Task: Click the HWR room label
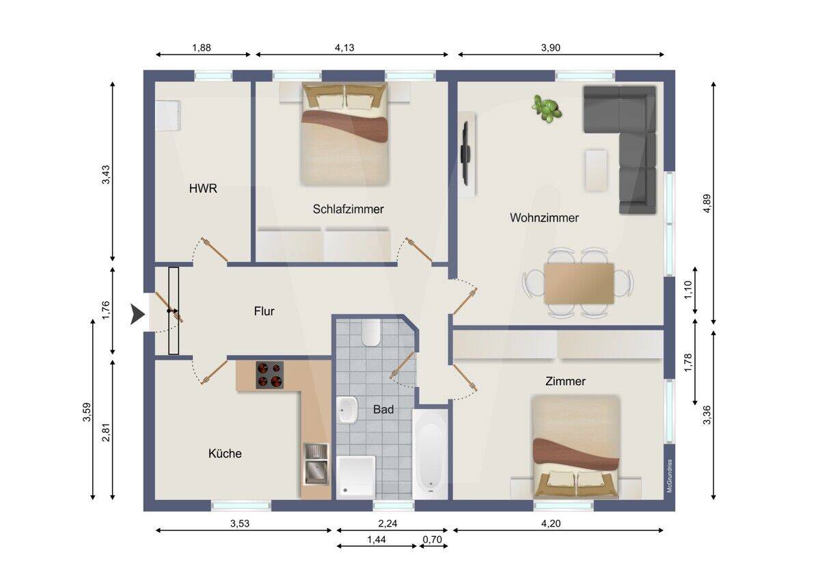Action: (x=203, y=189)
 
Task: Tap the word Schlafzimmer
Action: (x=348, y=209)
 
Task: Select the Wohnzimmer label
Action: (x=545, y=217)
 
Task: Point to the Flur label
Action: (x=264, y=311)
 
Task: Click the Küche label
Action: (x=225, y=453)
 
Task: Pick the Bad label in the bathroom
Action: (x=383, y=409)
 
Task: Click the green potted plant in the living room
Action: (x=547, y=109)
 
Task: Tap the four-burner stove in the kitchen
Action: (x=269, y=375)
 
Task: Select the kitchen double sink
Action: (x=316, y=464)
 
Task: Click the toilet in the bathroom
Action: (x=370, y=332)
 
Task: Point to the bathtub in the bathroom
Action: (x=430, y=454)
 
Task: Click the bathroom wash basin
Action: (x=347, y=410)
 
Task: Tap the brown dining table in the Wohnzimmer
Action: (x=579, y=284)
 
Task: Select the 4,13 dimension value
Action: (x=344, y=48)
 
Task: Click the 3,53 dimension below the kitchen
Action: (x=240, y=523)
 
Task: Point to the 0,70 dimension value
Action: (x=433, y=540)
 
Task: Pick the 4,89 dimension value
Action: (x=707, y=203)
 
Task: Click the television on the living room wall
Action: (x=465, y=153)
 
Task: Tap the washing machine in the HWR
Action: (x=168, y=116)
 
